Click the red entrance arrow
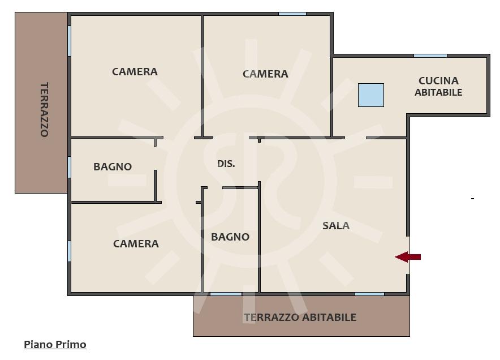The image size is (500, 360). (408, 257)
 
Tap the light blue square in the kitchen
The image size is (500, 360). (371, 95)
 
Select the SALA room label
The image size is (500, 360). (336, 226)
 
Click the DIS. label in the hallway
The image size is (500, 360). (226, 164)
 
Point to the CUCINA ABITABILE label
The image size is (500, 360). (438, 87)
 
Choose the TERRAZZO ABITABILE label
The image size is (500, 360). (300, 317)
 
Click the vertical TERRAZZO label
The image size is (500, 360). (44, 110)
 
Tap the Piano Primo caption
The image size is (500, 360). (55, 345)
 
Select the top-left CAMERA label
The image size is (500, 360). (135, 72)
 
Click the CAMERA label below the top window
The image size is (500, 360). (265, 74)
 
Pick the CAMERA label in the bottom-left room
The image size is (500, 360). (136, 244)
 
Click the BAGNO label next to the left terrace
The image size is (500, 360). (113, 166)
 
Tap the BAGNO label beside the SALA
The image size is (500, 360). (230, 237)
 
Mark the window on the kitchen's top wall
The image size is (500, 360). (430, 56)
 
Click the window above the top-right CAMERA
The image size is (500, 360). (292, 14)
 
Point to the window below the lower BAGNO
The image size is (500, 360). (226, 294)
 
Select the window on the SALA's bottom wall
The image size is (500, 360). (369, 294)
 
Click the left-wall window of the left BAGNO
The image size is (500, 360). (69, 167)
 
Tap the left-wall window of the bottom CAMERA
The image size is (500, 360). (69, 251)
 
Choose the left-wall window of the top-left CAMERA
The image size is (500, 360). (69, 41)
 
